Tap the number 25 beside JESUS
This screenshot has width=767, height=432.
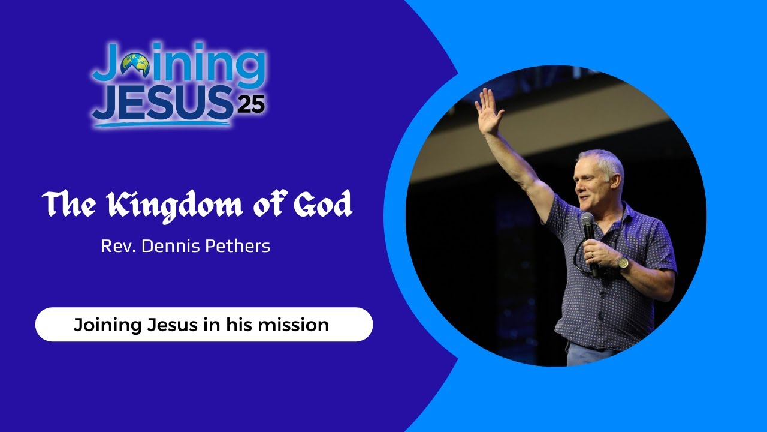pos(250,104)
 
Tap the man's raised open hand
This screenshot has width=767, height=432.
pos(488,112)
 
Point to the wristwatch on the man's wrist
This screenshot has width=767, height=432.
pos(623,263)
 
